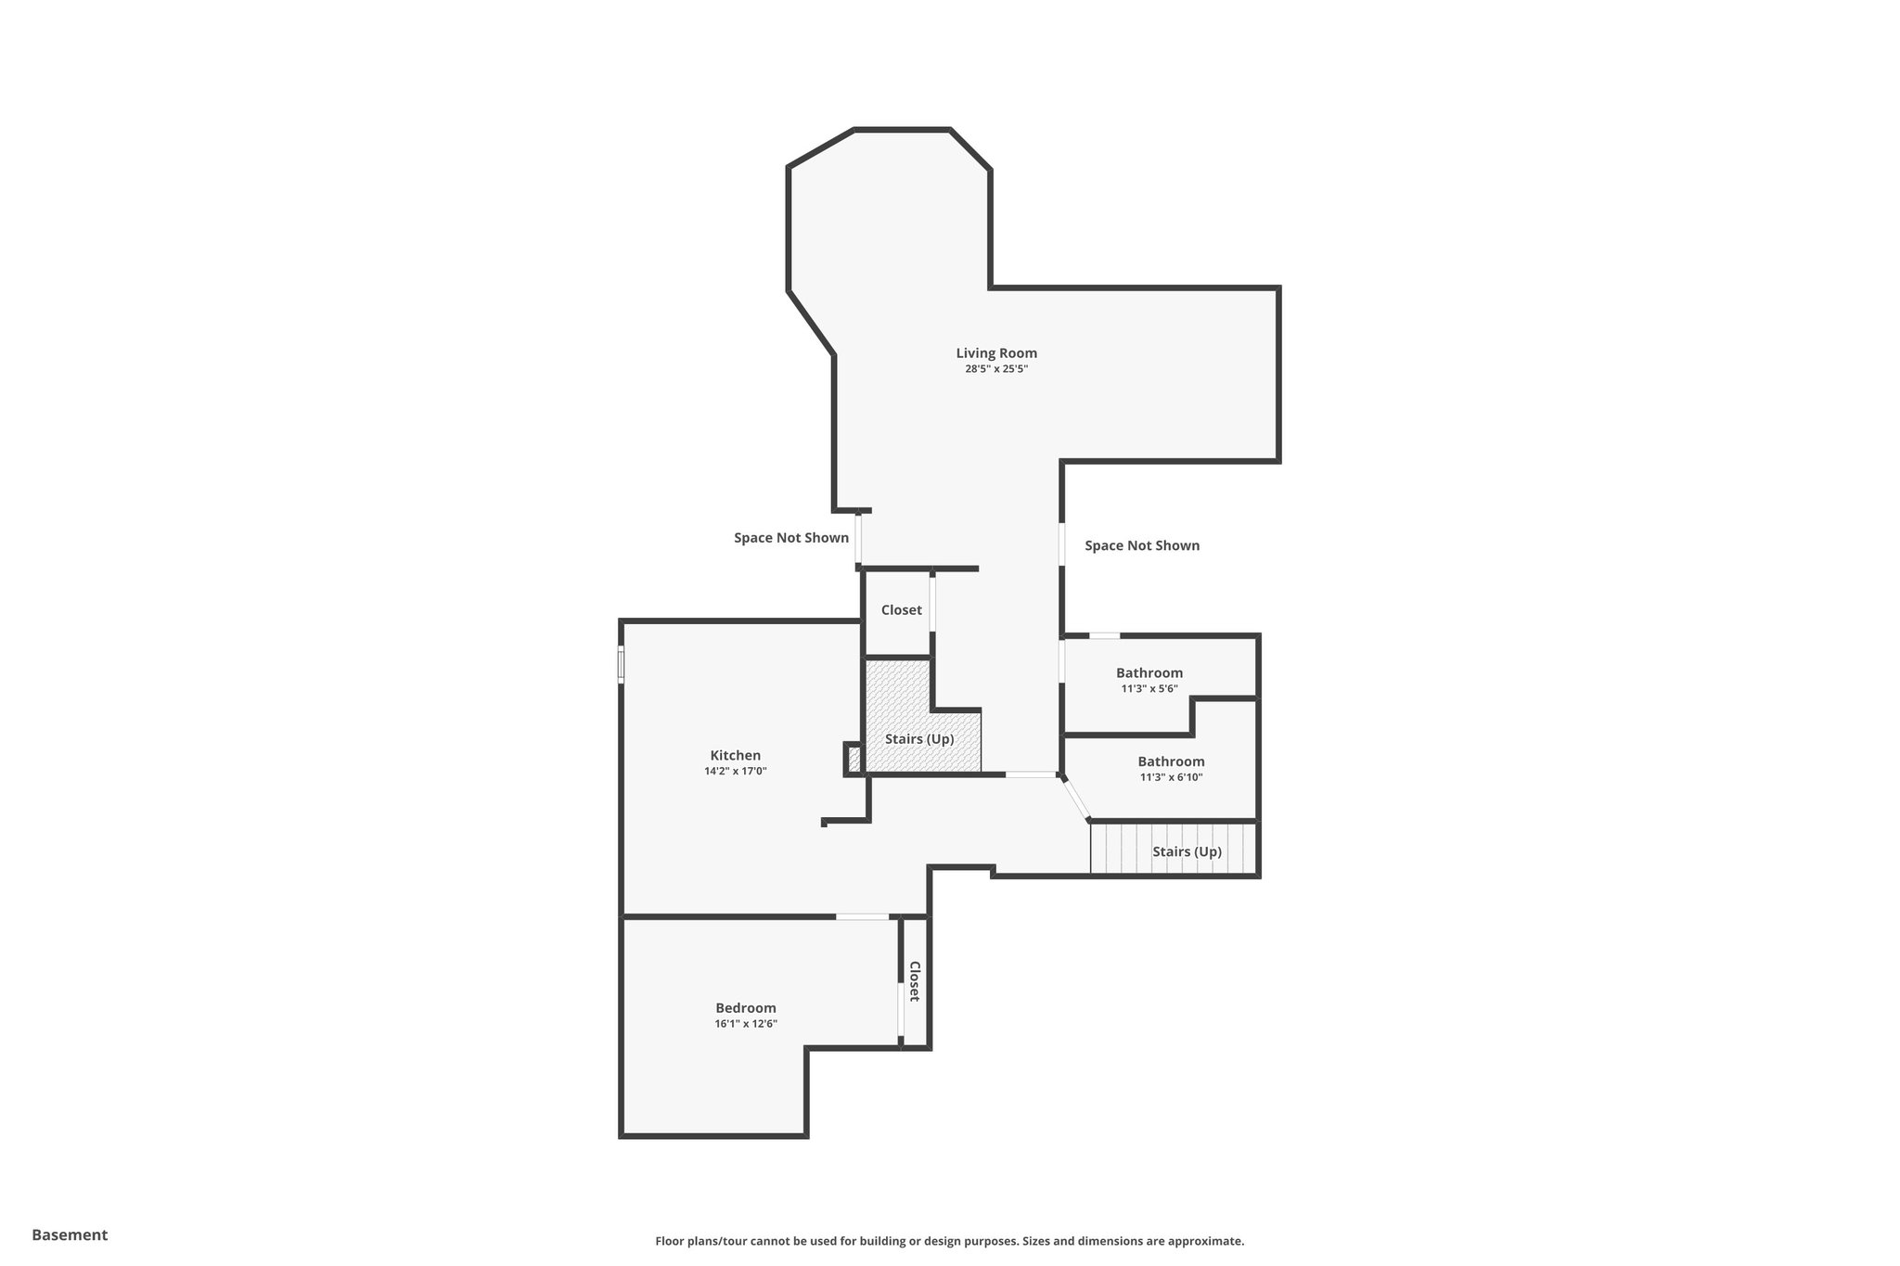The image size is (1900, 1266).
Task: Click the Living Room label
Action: coord(996,353)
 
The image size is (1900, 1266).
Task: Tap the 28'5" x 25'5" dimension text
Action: coord(996,369)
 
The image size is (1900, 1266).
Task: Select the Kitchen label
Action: coord(736,756)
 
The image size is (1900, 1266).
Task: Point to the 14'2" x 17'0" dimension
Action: coord(736,772)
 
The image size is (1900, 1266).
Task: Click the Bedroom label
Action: coord(746,1008)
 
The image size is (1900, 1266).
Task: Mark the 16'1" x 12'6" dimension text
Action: coord(746,1024)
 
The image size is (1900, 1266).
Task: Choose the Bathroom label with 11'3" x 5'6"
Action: coord(1149,673)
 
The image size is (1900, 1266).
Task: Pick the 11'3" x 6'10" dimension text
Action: coord(1171,778)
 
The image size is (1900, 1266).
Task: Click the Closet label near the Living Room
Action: coord(902,610)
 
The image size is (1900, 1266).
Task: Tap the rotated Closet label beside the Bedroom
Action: coord(915,981)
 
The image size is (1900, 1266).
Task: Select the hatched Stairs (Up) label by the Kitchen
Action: coord(919,739)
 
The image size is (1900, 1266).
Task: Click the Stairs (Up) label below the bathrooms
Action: coord(1187,851)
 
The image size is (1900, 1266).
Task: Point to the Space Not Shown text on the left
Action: coord(791,538)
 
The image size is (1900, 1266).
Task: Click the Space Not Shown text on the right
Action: coord(1142,545)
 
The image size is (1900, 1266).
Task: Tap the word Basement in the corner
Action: coord(70,1234)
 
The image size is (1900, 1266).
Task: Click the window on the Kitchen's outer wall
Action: coord(622,665)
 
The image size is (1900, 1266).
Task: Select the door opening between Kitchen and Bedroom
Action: coord(863,917)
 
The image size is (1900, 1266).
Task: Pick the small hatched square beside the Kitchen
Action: coord(854,759)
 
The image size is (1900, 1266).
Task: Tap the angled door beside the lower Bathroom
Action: coord(1076,799)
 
